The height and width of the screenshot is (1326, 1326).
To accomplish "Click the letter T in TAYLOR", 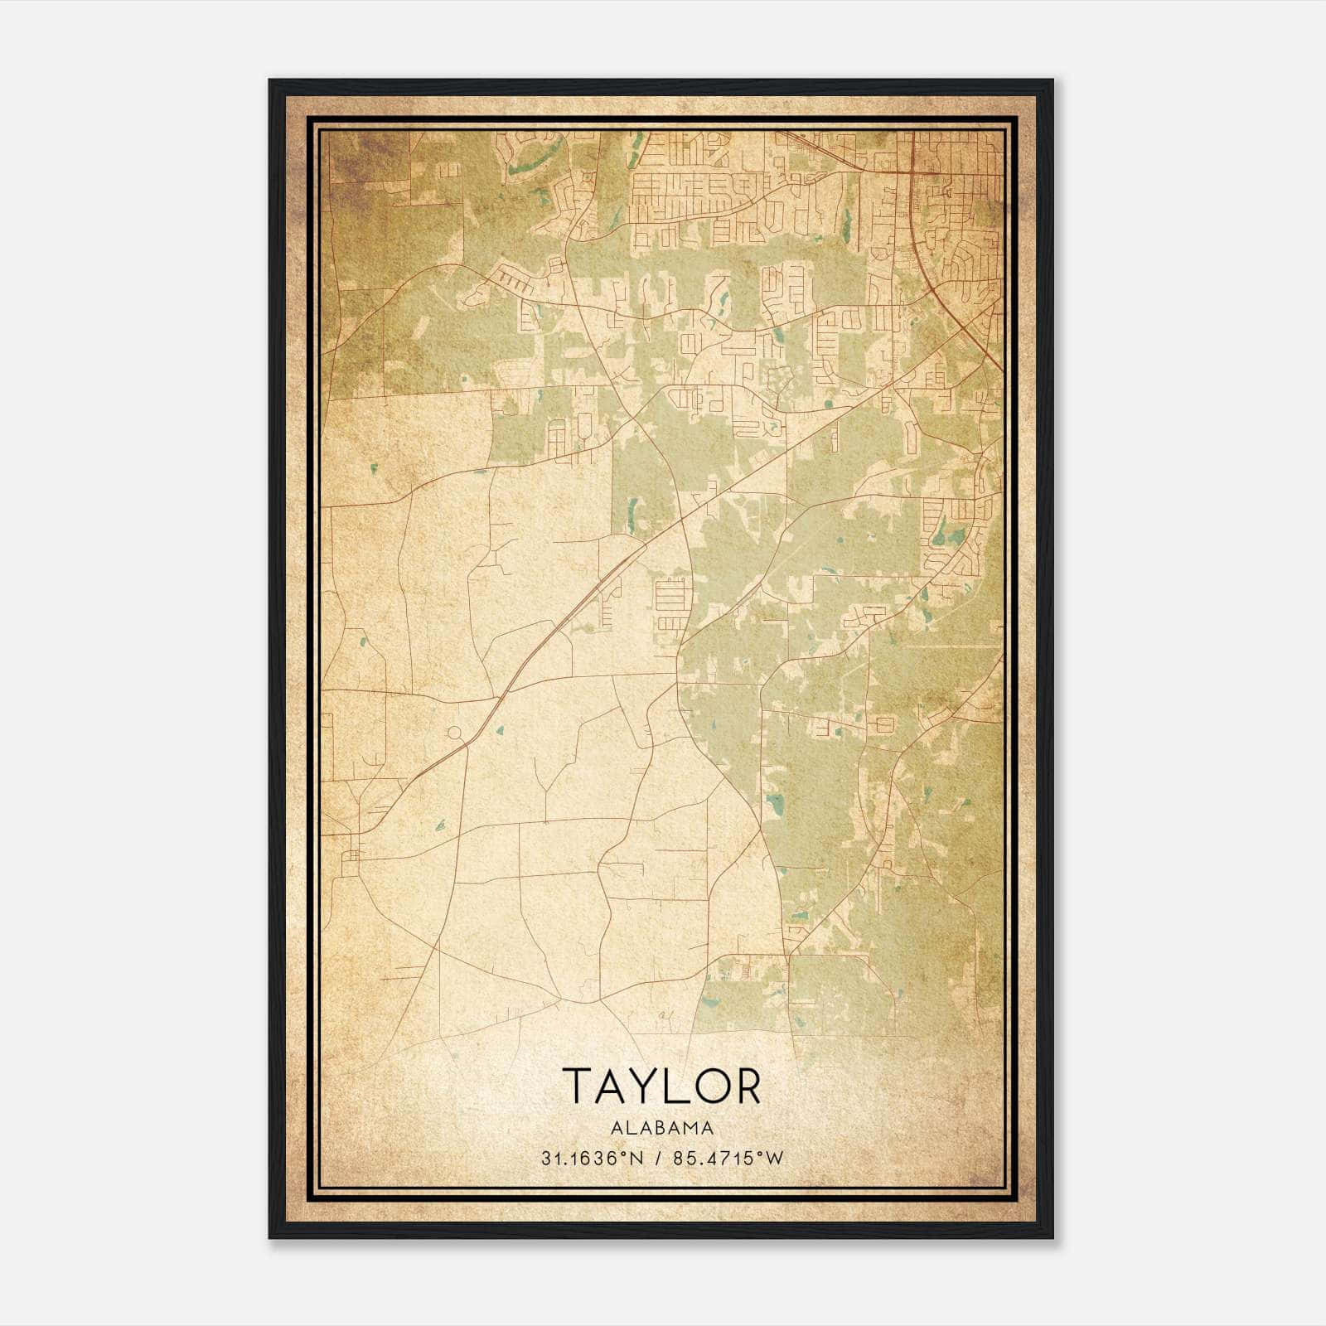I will [x=579, y=1086].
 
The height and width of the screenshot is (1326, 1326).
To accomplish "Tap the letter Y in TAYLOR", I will [x=647, y=1086].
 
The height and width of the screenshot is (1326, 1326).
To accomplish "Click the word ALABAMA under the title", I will [x=662, y=1128].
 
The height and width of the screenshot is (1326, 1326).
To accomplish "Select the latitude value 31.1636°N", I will [x=592, y=1159].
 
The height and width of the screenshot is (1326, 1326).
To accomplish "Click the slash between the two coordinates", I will [x=656, y=1159].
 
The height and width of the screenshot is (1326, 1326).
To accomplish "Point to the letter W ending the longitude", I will [x=775, y=1159].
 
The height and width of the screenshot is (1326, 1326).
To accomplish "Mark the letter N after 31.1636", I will [x=637, y=1159].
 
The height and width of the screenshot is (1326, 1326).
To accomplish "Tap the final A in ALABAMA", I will [x=708, y=1128].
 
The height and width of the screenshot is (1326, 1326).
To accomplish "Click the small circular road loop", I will [x=454, y=733].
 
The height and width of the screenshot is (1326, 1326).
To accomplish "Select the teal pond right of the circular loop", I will [x=500, y=731].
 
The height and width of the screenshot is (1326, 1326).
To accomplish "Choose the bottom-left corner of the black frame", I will [x=271, y=1236].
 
